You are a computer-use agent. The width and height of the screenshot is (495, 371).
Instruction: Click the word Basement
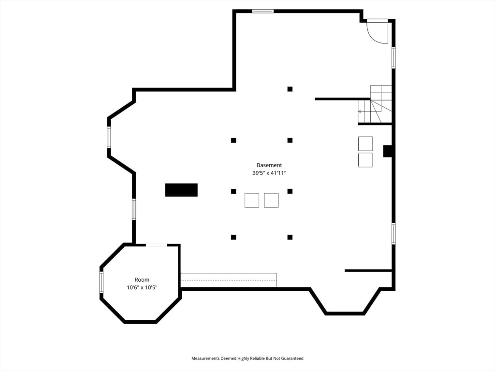click(269, 165)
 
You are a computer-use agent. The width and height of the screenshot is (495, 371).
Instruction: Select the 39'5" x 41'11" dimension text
click(269, 173)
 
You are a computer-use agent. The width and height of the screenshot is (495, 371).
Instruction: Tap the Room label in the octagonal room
click(142, 280)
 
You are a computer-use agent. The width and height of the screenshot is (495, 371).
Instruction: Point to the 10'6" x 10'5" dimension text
click(142, 287)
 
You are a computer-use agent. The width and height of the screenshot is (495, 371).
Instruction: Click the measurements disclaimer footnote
click(247, 358)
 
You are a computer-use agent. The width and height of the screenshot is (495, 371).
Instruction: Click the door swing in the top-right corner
click(378, 32)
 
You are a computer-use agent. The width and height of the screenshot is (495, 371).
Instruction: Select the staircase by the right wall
click(376, 105)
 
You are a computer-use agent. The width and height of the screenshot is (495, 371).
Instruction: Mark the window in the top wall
click(263, 11)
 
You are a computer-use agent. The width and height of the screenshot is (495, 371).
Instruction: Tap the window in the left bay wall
click(109, 137)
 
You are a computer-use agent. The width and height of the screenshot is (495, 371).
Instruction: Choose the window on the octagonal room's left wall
click(102, 282)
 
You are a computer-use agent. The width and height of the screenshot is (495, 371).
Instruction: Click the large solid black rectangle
click(181, 190)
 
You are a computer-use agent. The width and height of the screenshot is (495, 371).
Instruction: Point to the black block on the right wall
click(388, 151)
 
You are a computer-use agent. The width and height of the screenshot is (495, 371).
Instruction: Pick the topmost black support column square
click(290, 89)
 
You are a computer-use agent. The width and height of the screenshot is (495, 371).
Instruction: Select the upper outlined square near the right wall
click(365, 143)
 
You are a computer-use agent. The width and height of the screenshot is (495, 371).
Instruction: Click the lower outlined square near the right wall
click(365, 160)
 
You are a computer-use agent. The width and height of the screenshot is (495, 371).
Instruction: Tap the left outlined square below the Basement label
click(252, 200)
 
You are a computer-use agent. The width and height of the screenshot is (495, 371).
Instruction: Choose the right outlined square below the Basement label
click(271, 200)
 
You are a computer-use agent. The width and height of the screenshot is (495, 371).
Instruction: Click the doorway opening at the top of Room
click(156, 245)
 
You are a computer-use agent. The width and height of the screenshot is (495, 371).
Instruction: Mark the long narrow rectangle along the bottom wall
click(228, 280)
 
